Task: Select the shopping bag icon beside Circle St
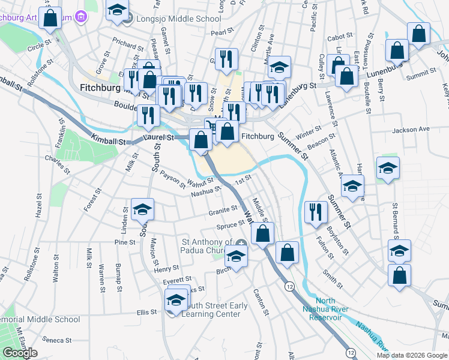click(50, 18)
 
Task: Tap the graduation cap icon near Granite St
click(143, 209)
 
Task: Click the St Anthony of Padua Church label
click(207, 247)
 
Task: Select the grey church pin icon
click(241, 243)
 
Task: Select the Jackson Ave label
click(411, 129)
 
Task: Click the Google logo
click(20, 353)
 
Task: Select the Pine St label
click(125, 242)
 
